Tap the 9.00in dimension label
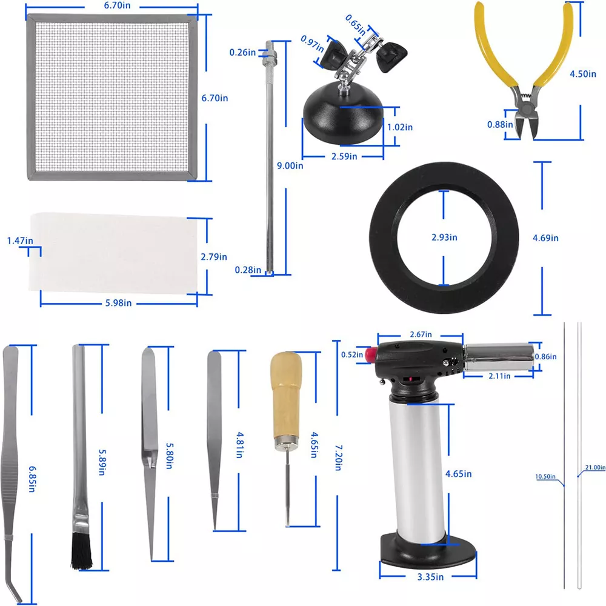(x=290, y=166)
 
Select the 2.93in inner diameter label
(x=444, y=238)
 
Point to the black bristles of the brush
(x=82, y=551)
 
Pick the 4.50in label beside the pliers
(x=583, y=74)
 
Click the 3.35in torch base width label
(x=430, y=577)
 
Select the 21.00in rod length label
(x=595, y=468)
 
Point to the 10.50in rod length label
(x=545, y=476)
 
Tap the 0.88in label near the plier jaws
(x=500, y=124)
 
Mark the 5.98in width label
(x=118, y=303)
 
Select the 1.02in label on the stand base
(x=400, y=127)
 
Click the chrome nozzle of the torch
(x=499, y=357)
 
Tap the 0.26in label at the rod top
(x=242, y=52)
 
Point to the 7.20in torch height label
(x=338, y=458)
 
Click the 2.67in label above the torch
(x=421, y=335)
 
